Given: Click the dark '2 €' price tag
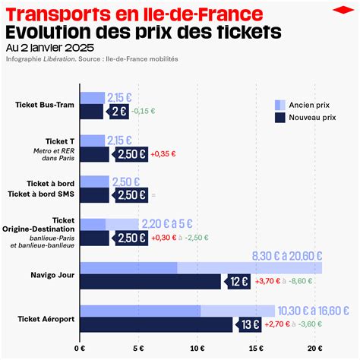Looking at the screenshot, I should [x=117, y=111].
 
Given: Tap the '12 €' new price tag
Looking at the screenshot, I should [x=236, y=281].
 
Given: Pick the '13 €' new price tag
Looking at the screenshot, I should [x=248, y=325].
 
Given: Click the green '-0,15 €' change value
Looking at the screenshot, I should [x=144, y=111].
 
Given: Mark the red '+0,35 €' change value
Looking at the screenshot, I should [x=163, y=153].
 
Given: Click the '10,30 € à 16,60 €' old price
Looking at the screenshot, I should [x=313, y=310].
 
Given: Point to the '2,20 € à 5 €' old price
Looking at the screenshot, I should [x=166, y=223].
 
